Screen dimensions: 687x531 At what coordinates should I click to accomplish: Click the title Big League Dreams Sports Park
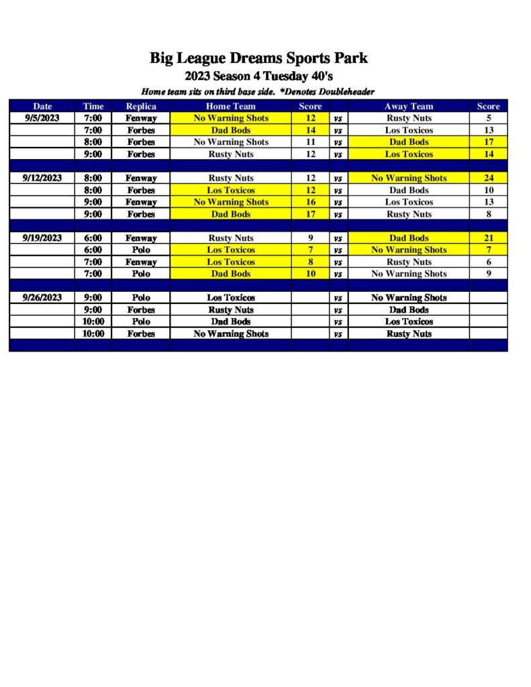(258, 58)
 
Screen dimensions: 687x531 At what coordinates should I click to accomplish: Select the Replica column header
(141, 106)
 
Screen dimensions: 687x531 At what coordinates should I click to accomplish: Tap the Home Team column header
(230, 106)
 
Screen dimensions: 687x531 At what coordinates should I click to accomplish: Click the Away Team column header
(408, 106)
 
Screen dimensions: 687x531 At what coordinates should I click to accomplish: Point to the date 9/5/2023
(42, 118)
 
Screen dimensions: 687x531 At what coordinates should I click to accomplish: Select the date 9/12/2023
(42, 178)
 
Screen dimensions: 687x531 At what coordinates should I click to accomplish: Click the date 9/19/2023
(42, 237)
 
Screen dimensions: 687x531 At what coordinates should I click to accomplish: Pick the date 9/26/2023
(42, 297)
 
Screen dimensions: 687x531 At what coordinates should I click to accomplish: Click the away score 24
(488, 178)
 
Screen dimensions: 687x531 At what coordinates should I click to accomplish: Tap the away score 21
(488, 237)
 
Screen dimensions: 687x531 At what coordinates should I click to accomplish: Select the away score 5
(488, 118)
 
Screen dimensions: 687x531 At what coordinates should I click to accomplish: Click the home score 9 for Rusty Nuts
(310, 237)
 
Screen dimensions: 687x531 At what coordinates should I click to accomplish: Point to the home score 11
(310, 142)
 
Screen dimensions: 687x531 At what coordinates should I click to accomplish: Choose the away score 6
(488, 262)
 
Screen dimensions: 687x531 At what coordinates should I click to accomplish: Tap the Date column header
(42, 106)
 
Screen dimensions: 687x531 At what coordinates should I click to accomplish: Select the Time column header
(93, 106)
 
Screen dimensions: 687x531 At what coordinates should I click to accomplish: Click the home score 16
(310, 202)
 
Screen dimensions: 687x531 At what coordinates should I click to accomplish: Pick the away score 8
(488, 214)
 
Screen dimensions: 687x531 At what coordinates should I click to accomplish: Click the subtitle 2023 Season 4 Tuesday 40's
(258, 76)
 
